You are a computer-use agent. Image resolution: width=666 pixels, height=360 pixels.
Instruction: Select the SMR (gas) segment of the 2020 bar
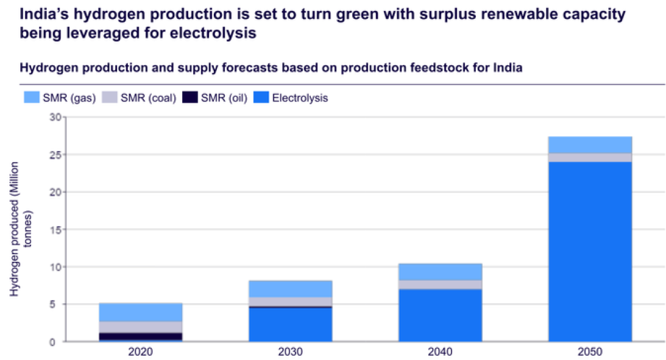click(x=141, y=312)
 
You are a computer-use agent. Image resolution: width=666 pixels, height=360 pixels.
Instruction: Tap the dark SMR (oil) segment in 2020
click(x=141, y=336)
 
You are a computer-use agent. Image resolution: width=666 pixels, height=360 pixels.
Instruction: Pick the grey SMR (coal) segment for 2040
click(x=440, y=284)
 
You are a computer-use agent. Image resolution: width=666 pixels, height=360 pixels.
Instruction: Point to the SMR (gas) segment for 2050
click(x=590, y=144)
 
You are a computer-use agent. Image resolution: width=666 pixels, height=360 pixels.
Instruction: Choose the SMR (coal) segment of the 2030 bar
click(x=290, y=302)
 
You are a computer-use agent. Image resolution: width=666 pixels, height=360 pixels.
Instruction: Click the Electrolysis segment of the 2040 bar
click(x=440, y=315)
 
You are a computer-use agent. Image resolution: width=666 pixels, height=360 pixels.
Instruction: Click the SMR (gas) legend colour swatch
click(x=31, y=97)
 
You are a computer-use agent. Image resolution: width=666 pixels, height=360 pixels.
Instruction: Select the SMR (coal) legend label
click(x=149, y=97)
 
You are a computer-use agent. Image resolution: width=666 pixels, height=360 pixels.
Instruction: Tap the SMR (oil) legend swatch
click(x=191, y=97)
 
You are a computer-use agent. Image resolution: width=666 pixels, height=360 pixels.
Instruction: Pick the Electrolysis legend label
click(x=300, y=97)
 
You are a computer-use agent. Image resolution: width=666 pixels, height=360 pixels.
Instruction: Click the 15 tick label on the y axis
click(x=55, y=230)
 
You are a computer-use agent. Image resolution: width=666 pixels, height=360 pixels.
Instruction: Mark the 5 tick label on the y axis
click(x=57, y=305)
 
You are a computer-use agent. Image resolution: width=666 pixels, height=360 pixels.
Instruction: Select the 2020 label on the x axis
click(x=141, y=352)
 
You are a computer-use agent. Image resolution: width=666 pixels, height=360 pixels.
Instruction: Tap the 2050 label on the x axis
click(x=590, y=352)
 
